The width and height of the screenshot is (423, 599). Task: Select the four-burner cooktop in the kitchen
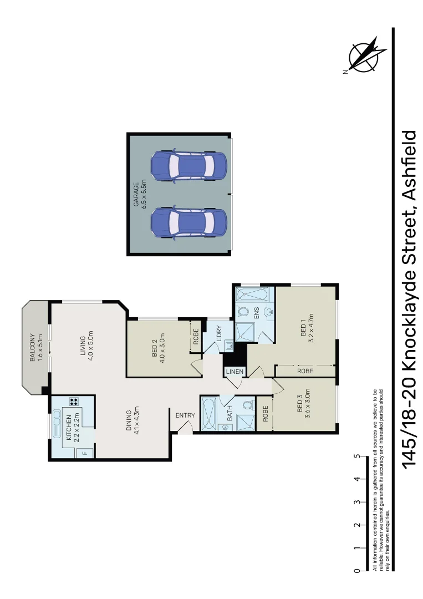click(x=73, y=402)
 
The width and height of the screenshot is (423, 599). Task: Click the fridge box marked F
click(x=85, y=453)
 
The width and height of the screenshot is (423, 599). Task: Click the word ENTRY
click(x=185, y=415)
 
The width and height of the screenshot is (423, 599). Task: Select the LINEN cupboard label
click(x=233, y=372)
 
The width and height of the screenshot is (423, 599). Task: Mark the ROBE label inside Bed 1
click(x=304, y=370)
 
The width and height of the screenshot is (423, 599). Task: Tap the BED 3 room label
click(x=303, y=411)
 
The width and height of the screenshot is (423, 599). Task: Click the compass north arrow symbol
click(x=363, y=55)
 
